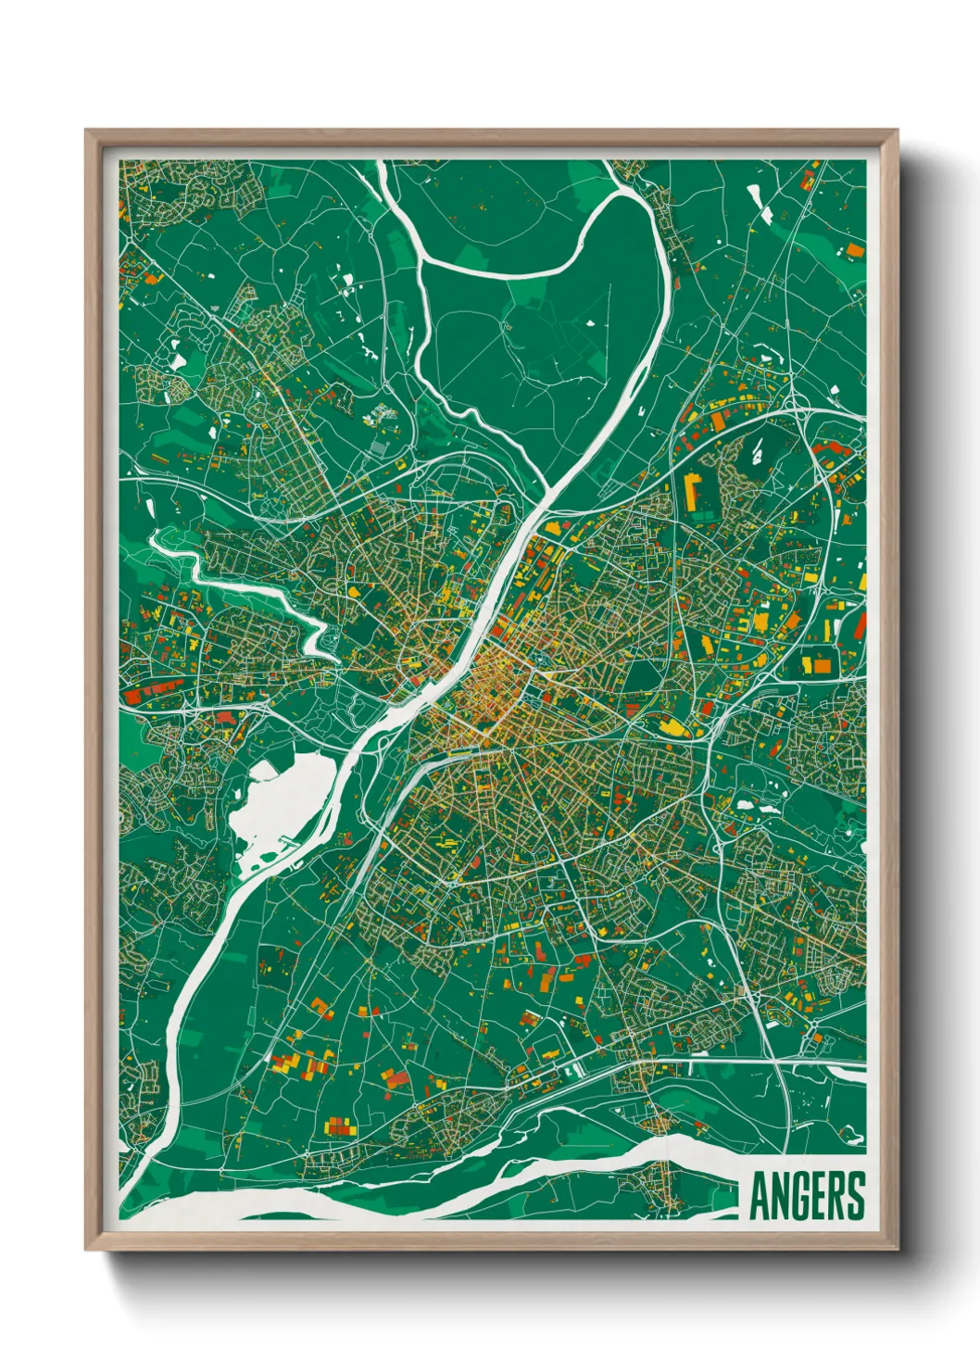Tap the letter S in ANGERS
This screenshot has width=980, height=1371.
pos(855,1197)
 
